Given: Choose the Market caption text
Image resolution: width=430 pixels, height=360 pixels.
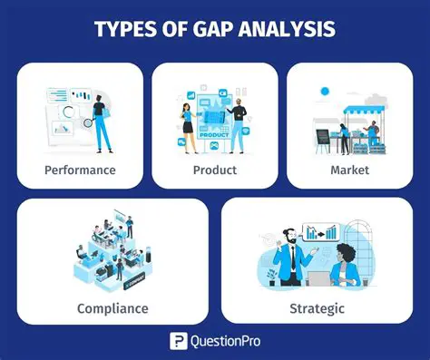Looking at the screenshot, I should pos(349,169).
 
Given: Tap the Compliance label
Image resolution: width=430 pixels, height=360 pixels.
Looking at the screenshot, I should pos(112,308).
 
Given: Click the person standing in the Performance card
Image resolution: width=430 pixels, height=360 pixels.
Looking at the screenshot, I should pos(101,116).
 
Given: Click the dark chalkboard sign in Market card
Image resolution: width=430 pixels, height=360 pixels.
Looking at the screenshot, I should pos(322,136).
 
